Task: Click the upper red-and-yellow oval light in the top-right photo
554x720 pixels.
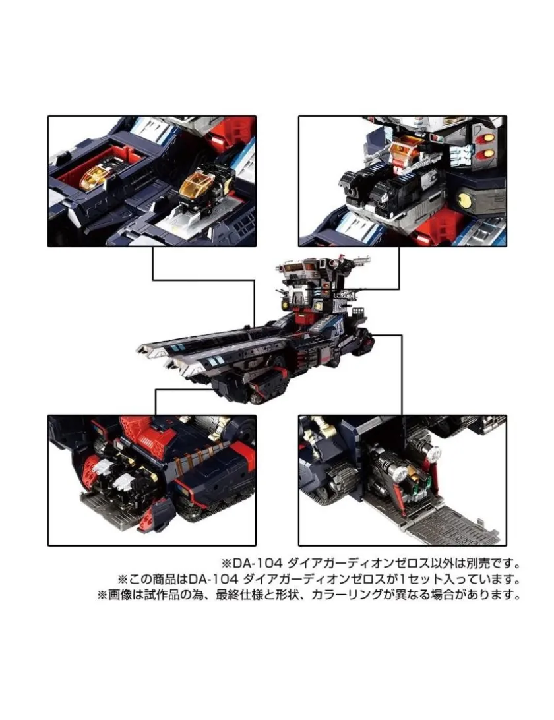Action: (488, 138)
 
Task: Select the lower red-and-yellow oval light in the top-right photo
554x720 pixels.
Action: (488, 154)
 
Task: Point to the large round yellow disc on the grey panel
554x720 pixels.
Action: (464, 199)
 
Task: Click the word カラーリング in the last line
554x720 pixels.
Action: (348, 595)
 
